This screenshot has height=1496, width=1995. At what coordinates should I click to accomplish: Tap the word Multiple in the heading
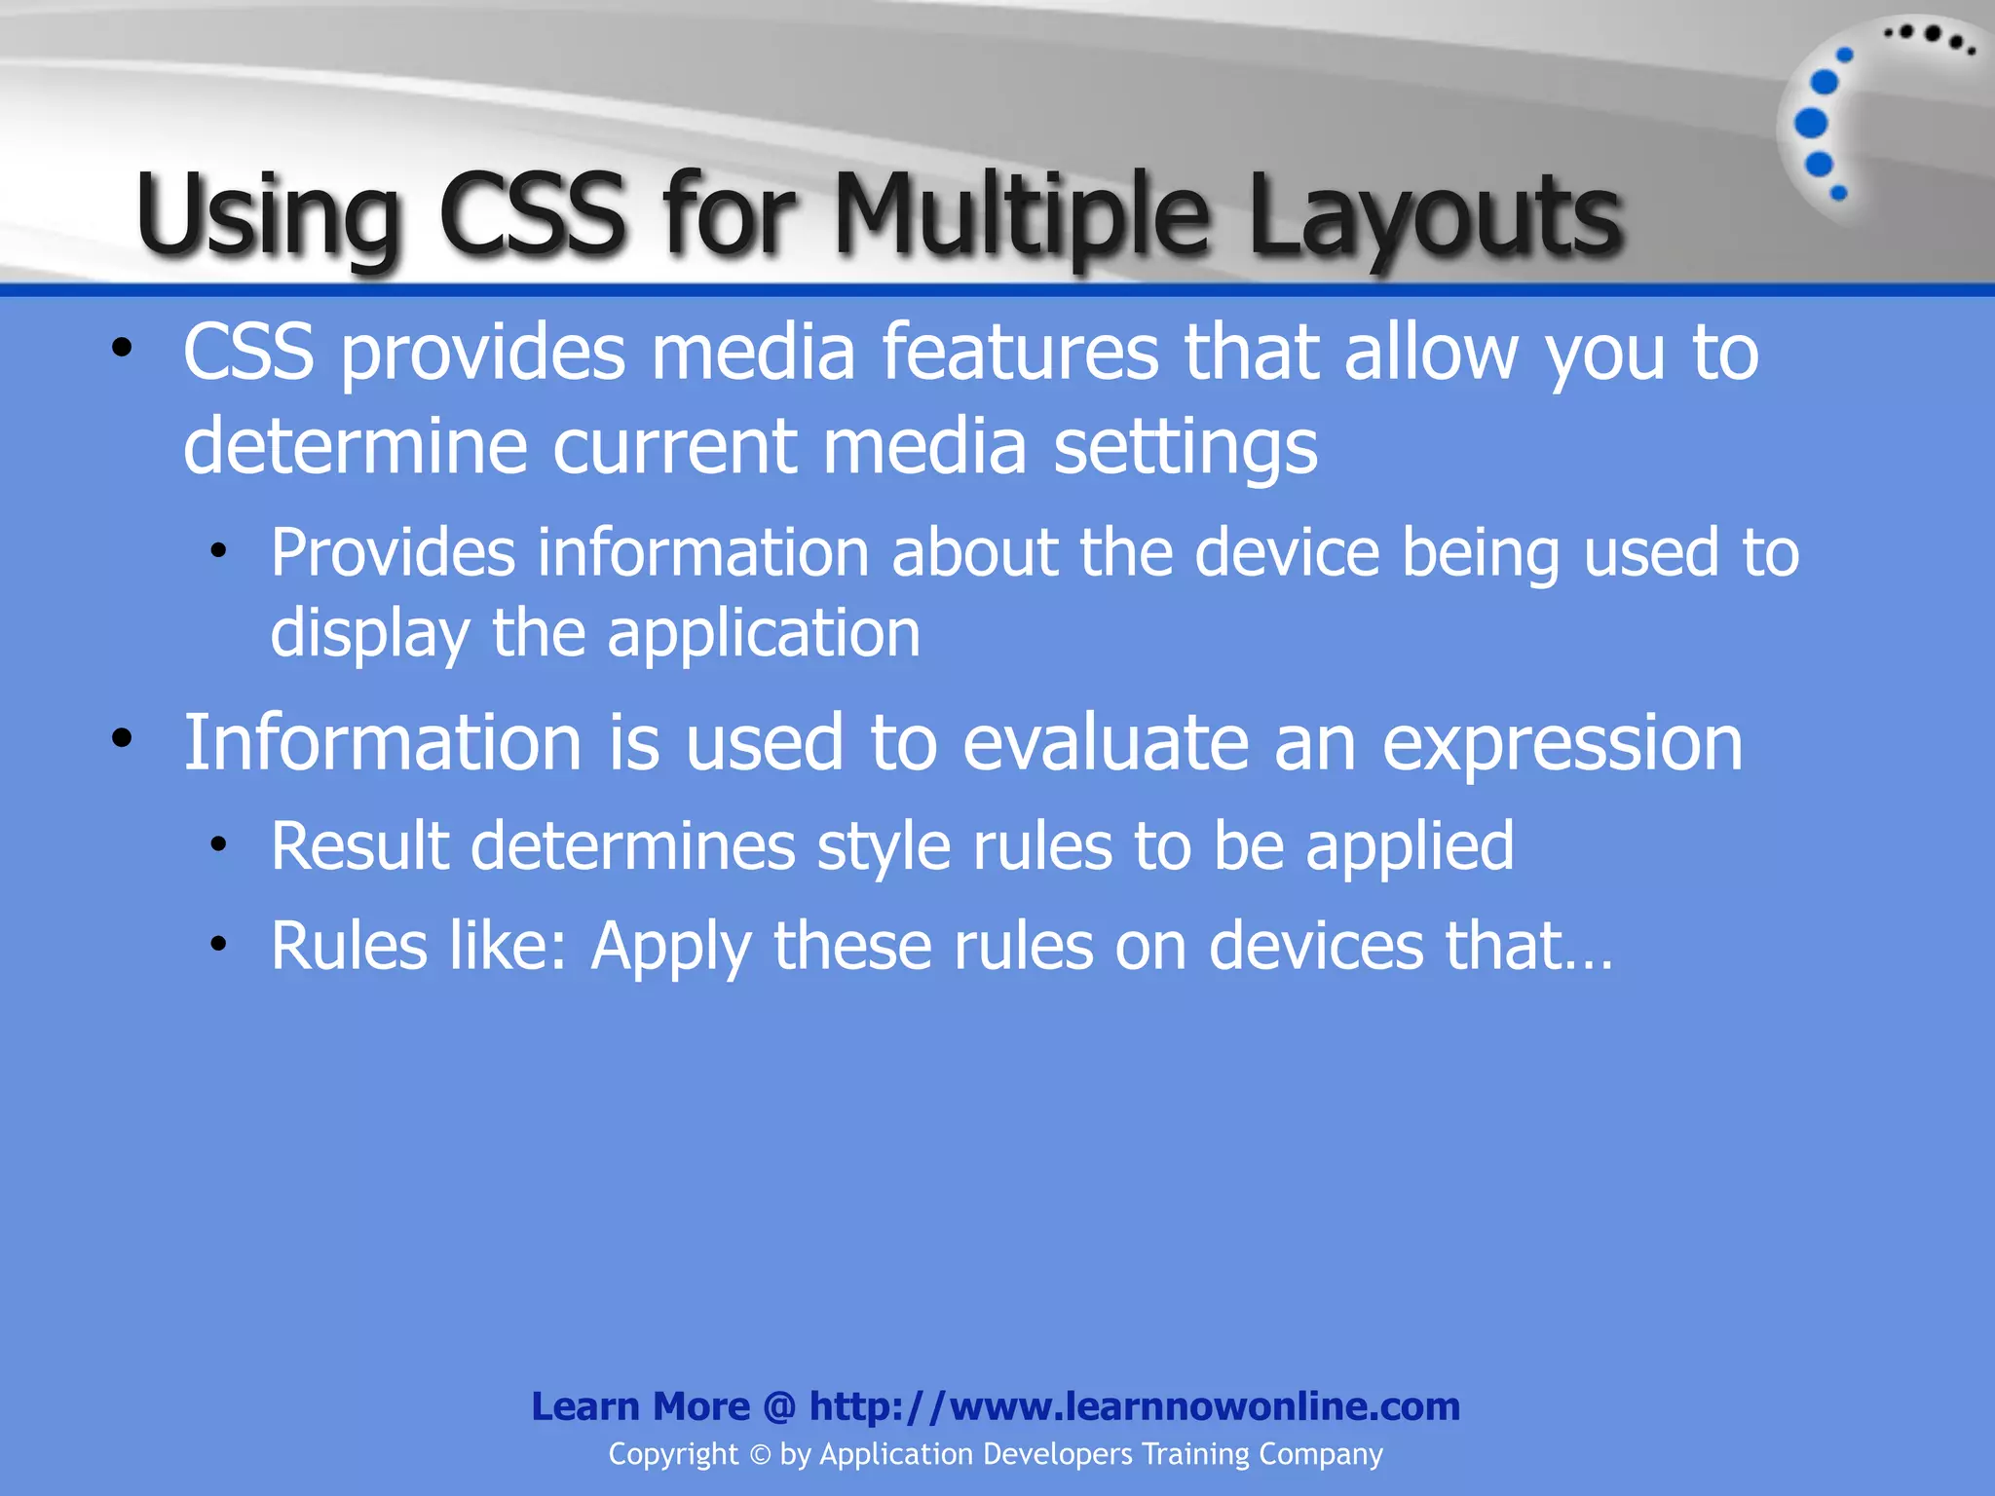tap(1023, 216)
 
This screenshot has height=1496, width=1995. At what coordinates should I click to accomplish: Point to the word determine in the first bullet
tap(355, 446)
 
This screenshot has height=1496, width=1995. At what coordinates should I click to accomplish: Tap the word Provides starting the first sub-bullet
tap(393, 552)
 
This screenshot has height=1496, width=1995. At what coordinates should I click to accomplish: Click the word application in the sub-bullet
tap(764, 634)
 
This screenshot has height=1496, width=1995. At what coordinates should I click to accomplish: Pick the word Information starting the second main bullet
tap(383, 742)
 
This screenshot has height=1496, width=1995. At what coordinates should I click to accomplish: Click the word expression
tap(1562, 744)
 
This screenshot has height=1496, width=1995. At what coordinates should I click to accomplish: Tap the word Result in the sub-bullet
tap(359, 844)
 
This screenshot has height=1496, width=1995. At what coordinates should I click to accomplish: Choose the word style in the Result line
tap(883, 846)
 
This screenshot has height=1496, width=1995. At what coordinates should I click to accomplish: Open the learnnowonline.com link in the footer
tap(1135, 1406)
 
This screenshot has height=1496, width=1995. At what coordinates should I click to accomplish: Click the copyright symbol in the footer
tap(760, 1454)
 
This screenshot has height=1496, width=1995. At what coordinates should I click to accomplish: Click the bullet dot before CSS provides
tap(121, 349)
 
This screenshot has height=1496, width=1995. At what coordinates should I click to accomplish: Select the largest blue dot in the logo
tap(1811, 124)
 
